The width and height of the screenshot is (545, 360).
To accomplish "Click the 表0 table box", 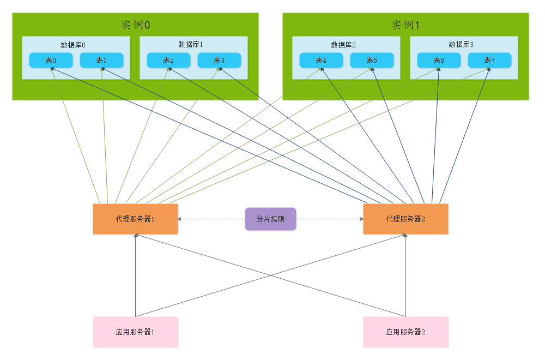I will pos(51,60).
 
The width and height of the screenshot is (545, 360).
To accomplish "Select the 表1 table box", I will pos(101,60).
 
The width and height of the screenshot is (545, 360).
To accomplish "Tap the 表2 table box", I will pos(168,60).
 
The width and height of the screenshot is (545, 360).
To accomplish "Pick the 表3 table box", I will pos(219,60).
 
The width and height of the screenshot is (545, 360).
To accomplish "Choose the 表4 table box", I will pos(321,60).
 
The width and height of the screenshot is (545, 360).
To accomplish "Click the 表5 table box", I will pos(372,60).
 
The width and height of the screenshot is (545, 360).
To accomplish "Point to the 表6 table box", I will pos(439,60).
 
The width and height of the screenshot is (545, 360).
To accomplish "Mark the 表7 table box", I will pos(489,60).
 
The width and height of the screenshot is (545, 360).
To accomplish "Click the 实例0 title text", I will pos(135,25).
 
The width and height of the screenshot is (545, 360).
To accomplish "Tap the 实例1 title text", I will pos(405,25).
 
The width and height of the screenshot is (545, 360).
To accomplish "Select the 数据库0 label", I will pos(73,45).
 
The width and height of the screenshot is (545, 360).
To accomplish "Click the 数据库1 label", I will pos(191,44).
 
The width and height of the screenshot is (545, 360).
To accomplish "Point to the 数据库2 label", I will pos(343,45).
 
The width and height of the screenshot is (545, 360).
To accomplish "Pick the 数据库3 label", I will pos(461,44).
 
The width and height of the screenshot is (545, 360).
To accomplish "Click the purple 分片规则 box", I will pos(270,219).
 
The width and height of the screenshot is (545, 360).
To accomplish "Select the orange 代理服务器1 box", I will pos(135,219).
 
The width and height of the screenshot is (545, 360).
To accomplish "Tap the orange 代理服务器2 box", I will pos(405,219).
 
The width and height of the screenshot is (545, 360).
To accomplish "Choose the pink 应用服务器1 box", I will pos(135,332).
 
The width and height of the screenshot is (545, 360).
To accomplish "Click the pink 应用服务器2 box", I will pos(405,332).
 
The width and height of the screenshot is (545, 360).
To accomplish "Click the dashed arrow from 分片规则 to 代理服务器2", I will pos(330,219).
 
